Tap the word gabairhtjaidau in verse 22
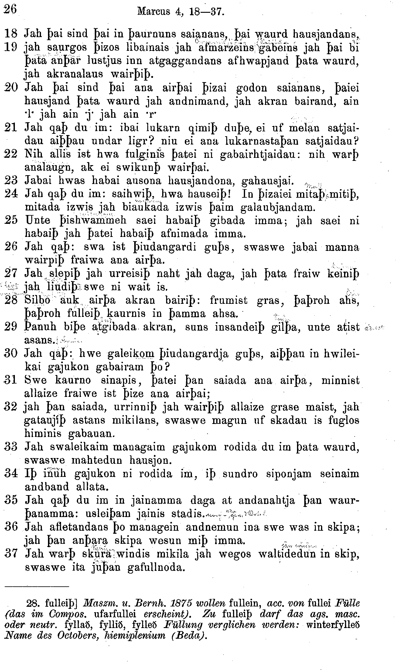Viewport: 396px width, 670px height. coord(260,154)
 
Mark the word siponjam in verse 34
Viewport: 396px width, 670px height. coord(291,474)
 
